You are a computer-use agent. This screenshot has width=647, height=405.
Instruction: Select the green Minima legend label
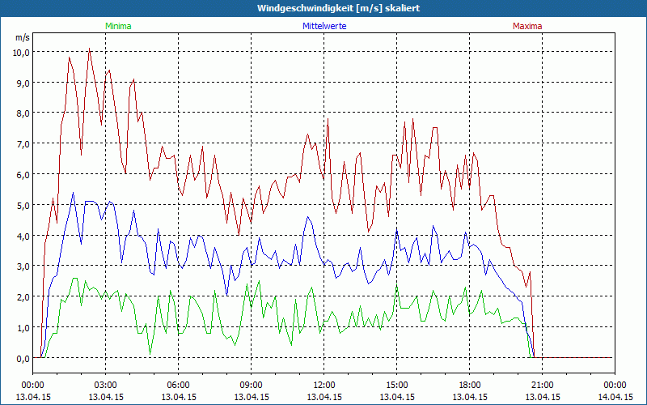point(118,26)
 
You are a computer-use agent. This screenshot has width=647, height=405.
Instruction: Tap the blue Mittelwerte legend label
point(323,26)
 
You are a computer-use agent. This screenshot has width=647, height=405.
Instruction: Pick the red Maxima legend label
point(527,26)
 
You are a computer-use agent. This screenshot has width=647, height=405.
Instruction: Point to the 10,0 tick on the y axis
point(21,52)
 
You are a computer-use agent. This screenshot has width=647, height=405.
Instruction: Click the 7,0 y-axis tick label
point(21,143)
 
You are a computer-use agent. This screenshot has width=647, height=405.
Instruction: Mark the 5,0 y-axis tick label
point(21,205)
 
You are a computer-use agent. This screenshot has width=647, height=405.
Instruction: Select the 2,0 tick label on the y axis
point(21,296)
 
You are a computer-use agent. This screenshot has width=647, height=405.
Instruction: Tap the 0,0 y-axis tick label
point(21,358)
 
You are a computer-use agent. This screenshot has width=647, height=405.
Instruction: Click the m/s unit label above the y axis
point(22,37)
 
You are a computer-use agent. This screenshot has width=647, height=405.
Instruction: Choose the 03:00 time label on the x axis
point(105,385)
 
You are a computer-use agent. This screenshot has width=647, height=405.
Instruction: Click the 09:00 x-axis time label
point(251,385)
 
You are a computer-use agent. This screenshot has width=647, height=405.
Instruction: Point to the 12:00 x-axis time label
point(323,385)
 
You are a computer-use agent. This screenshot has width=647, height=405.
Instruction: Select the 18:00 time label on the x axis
point(469,385)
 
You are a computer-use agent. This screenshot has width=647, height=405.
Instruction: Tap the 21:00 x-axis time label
point(542,385)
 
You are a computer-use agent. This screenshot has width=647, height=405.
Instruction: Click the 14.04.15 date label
point(615,397)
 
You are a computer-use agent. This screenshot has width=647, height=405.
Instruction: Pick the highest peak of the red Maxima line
point(89,49)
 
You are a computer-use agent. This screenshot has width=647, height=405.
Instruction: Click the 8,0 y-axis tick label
point(21,113)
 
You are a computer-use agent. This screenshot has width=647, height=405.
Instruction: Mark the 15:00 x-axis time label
point(396,385)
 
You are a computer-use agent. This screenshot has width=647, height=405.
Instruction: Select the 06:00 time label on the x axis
point(178,385)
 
